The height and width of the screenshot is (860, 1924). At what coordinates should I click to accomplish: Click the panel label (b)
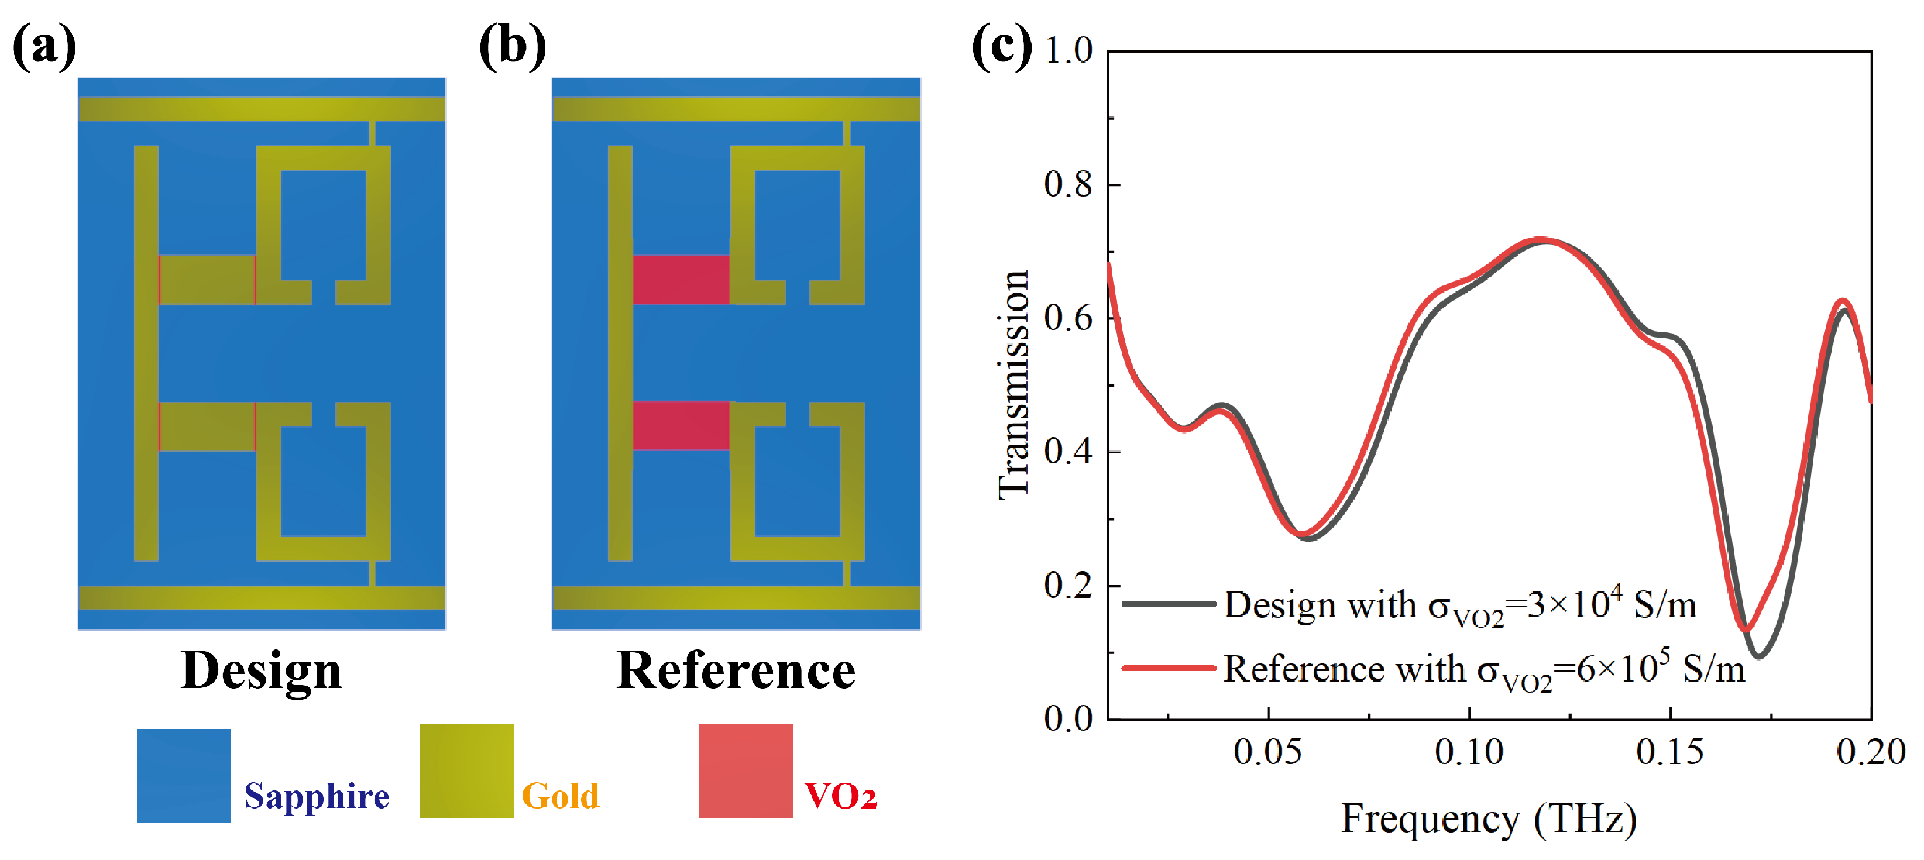[513, 46]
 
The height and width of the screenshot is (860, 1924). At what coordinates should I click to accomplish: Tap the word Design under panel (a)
[262, 670]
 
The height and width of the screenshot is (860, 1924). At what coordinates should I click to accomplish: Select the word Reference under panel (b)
[736, 670]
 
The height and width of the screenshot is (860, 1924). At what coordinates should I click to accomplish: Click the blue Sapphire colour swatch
[184, 775]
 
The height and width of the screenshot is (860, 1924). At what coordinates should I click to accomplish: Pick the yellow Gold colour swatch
[467, 771]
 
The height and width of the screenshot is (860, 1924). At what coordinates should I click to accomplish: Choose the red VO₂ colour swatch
[745, 771]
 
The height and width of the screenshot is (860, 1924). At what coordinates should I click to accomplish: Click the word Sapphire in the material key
[317, 796]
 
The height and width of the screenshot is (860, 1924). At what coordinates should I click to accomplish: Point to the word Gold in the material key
[560, 796]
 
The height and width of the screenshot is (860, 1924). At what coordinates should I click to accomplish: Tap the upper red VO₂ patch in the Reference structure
[681, 279]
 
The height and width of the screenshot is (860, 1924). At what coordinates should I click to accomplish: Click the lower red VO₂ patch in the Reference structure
[681, 425]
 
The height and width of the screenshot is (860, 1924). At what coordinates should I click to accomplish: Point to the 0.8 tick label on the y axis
[1068, 184]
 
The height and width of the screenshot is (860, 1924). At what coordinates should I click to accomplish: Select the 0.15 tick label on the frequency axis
[1669, 752]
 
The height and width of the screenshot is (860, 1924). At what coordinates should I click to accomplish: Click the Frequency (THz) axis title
[1489, 819]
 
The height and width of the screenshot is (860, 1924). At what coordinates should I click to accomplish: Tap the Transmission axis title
[1013, 384]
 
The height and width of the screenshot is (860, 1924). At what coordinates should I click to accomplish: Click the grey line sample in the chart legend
[1169, 603]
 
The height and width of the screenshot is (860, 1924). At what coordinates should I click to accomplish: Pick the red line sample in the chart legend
[1169, 668]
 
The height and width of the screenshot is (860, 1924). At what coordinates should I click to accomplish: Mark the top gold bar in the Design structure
[262, 109]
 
